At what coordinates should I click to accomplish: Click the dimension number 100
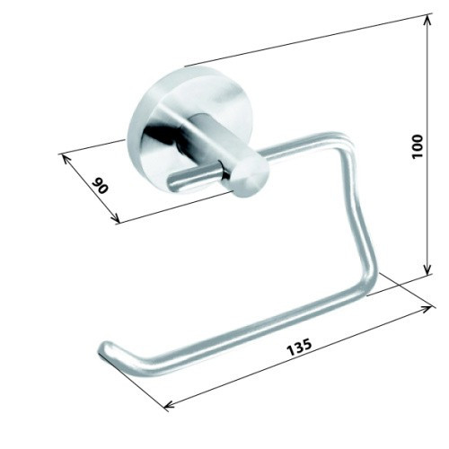[x=417, y=146]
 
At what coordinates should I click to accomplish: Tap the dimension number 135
[x=299, y=348]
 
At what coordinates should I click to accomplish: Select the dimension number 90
[x=100, y=186]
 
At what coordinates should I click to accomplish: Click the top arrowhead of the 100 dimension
[x=428, y=20]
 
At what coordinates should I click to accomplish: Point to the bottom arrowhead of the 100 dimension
[x=428, y=269]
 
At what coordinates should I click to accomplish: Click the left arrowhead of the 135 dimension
[x=169, y=405]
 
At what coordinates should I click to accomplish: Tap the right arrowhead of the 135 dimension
[x=427, y=309]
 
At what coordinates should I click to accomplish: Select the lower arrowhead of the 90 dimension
[x=115, y=219]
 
